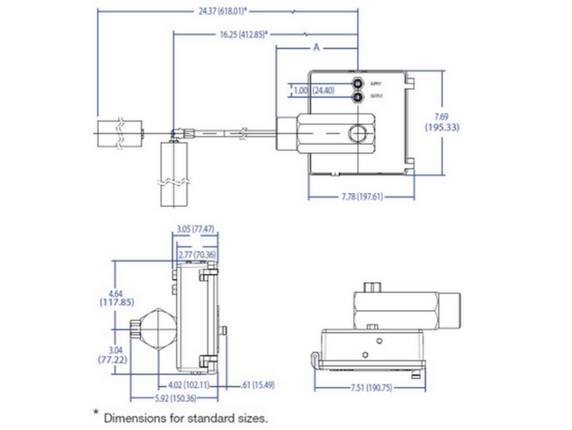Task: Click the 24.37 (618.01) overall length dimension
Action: click(221, 11)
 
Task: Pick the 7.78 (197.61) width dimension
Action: click(362, 196)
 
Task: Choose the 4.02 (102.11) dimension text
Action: click(186, 384)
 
